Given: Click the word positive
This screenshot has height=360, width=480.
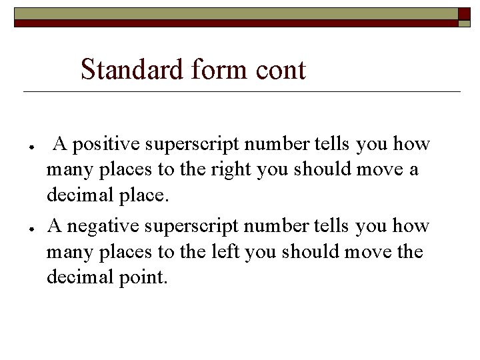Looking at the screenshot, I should tap(103, 144).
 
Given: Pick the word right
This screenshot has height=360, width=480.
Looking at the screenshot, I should tap(229, 170).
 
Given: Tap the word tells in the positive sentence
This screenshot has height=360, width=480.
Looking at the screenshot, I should tap(332, 144).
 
